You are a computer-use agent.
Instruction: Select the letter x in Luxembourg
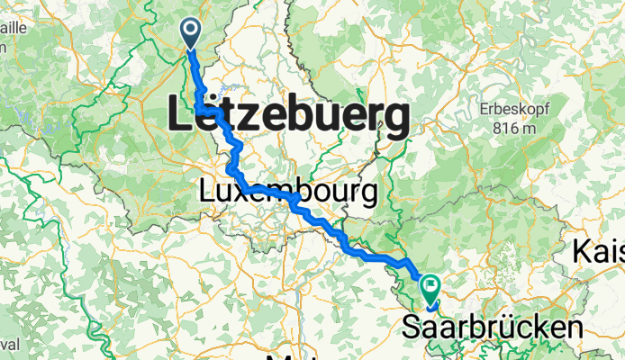coord(247,192)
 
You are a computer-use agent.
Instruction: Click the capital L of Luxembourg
coord(207,192)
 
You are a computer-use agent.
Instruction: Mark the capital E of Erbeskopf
coord(483,109)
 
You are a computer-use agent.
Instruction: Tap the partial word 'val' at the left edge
coord(9,344)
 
